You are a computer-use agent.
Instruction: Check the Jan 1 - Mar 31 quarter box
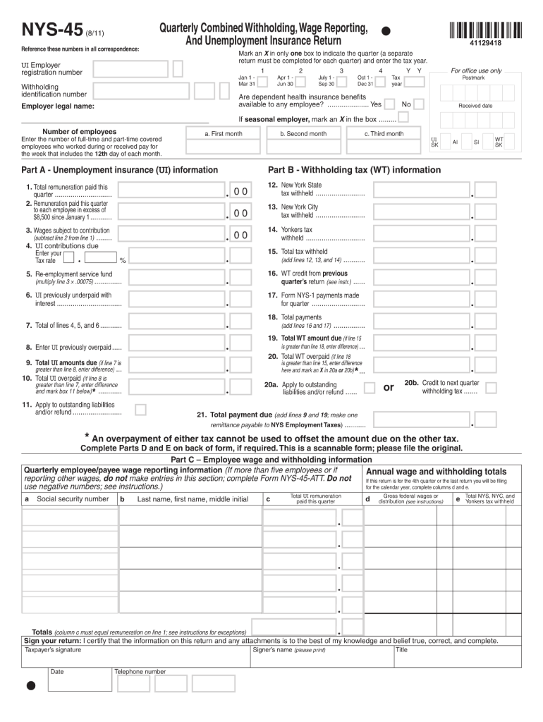(x=262, y=81)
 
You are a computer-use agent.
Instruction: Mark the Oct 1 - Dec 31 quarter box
(x=381, y=81)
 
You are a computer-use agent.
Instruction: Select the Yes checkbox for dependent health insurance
(x=390, y=104)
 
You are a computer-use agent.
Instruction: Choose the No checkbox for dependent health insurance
(x=419, y=104)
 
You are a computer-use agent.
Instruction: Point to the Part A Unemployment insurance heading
(x=120, y=170)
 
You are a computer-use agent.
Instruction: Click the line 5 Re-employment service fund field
(x=172, y=279)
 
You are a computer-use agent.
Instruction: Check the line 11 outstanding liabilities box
(x=140, y=409)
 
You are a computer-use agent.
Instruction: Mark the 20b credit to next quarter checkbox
(x=491, y=386)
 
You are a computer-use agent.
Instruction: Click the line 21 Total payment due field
(x=422, y=420)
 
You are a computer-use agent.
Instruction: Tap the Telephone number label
(x=140, y=672)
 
